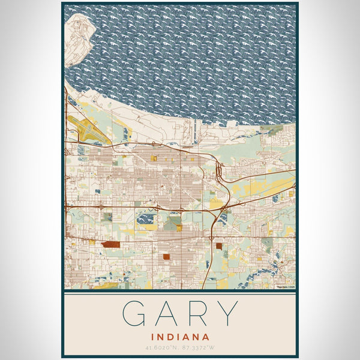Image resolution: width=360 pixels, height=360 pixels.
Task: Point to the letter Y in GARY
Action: click(227, 314)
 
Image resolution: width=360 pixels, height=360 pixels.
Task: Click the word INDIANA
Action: click(181, 337)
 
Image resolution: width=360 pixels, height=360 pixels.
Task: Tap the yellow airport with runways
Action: click(84, 127)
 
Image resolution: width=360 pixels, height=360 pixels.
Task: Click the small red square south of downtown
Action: click(166, 257)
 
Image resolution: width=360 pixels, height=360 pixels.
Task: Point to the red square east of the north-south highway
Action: click(219, 246)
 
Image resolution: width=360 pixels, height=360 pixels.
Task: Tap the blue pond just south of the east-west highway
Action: click(146, 220)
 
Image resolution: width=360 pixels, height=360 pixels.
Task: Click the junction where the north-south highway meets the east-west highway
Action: click(223, 210)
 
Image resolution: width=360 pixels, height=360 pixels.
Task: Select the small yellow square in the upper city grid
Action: click(154, 158)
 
